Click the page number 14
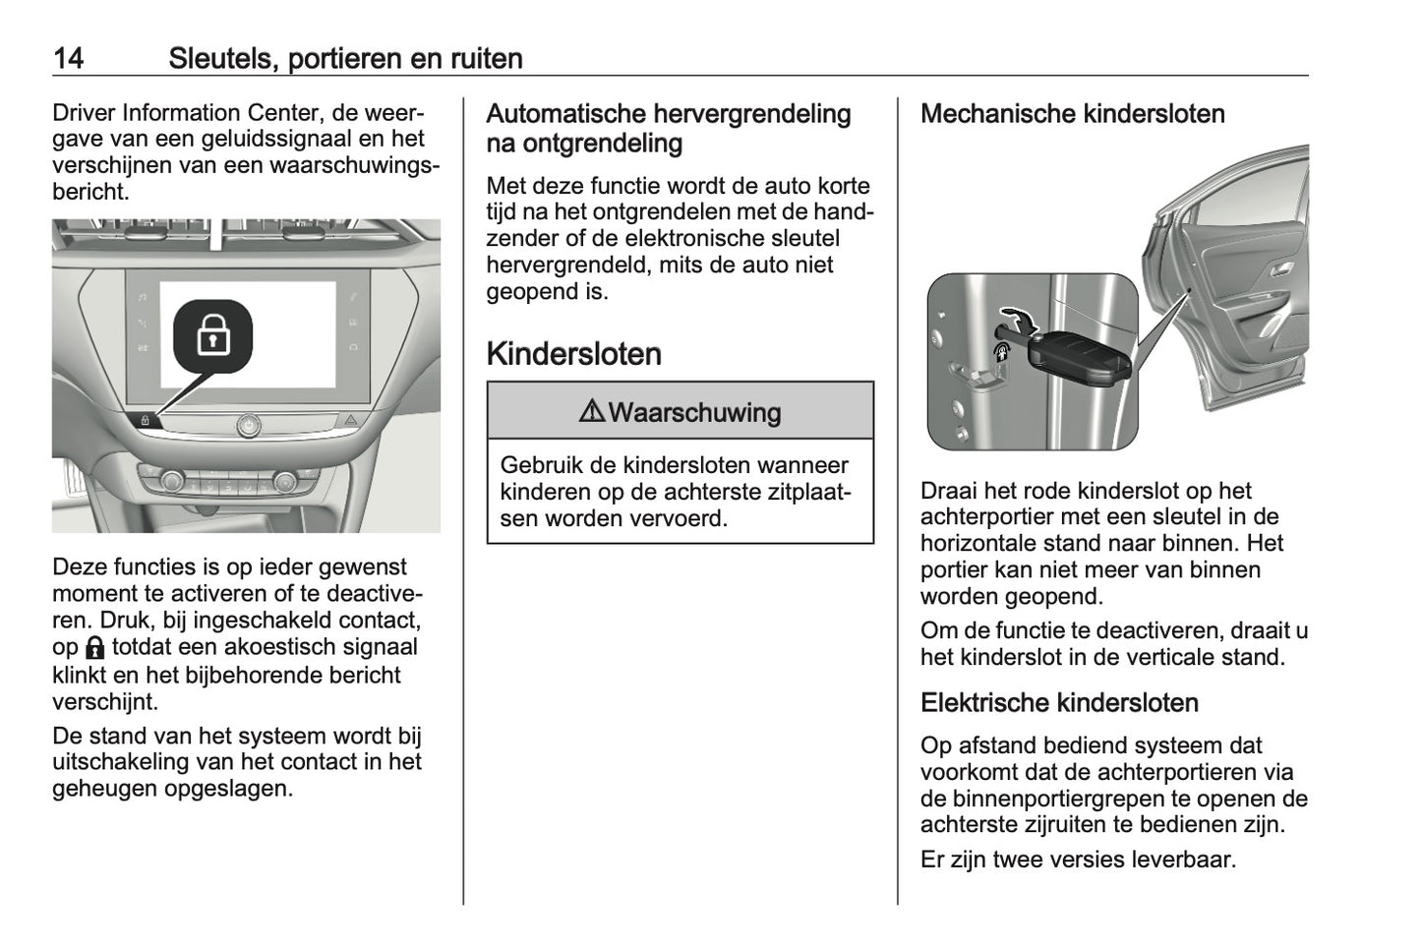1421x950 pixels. tap(68, 58)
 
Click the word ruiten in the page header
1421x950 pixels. tap(486, 58)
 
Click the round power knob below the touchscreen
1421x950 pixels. tap(248, 425)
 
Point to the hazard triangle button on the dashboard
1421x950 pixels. tap(351, 420)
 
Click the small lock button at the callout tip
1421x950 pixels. tap(145, 420)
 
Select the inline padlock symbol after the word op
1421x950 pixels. tap(94, 648)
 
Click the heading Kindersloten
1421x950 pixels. tap(573, 354)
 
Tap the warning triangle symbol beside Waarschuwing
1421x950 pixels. tap(592, 411)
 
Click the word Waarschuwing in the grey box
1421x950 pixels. tap(694, 412)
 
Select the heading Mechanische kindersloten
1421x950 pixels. tap(1072, 114)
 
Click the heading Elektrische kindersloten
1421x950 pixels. tap(1059, 703)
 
